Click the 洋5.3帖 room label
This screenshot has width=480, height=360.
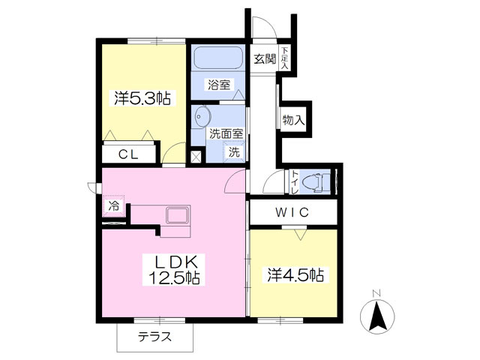point(142,98)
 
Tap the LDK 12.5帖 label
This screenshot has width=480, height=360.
point(175,270)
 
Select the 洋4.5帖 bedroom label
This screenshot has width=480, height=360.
point(295,275)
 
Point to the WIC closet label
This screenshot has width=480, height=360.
point(292,212)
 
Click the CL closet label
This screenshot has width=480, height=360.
point(128,155)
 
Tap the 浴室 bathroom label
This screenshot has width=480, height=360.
point(219,85)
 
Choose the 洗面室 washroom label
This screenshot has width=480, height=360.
point(226,133)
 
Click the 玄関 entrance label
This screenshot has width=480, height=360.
point(265,59)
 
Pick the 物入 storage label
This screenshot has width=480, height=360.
point(293,120)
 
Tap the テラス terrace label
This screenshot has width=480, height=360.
point(154,337)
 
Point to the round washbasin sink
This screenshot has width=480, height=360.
point(202,117)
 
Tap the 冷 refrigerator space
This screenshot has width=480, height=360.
point(114,205)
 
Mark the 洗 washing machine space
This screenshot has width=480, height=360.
point(234,151)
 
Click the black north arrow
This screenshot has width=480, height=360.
point(377,316)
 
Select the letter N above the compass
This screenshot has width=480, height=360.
point(376,293)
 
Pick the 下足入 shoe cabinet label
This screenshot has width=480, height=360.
point(285,58)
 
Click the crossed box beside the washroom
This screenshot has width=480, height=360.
point(195,157)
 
